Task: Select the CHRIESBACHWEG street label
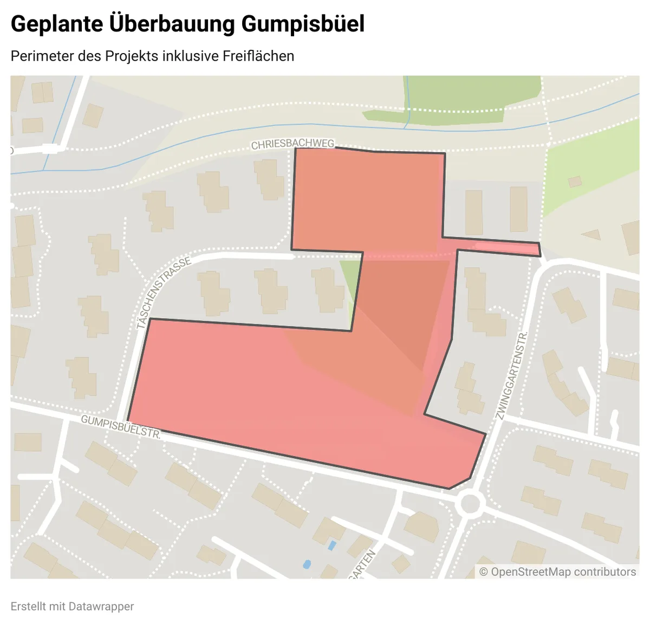pyautogui.click(x=292, y=144)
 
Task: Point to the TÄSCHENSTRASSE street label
pyautogui.click(x=164, y=292)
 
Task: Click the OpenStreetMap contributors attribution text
pyautogui.click(x=557, y=572)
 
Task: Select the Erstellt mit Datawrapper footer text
pyautogui.click(x=72, y=607)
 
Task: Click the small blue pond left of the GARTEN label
pyautogui.click(x=307, y=564)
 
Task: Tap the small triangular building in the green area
pyautogui.click(x=591, y=235)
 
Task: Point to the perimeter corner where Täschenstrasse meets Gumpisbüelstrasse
pyautogui.click(x=128, y=420)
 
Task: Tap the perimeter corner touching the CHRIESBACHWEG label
pyautogui.click(x=295, y=148)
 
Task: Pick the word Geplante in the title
pyautogui.click(x=56, y=24)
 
